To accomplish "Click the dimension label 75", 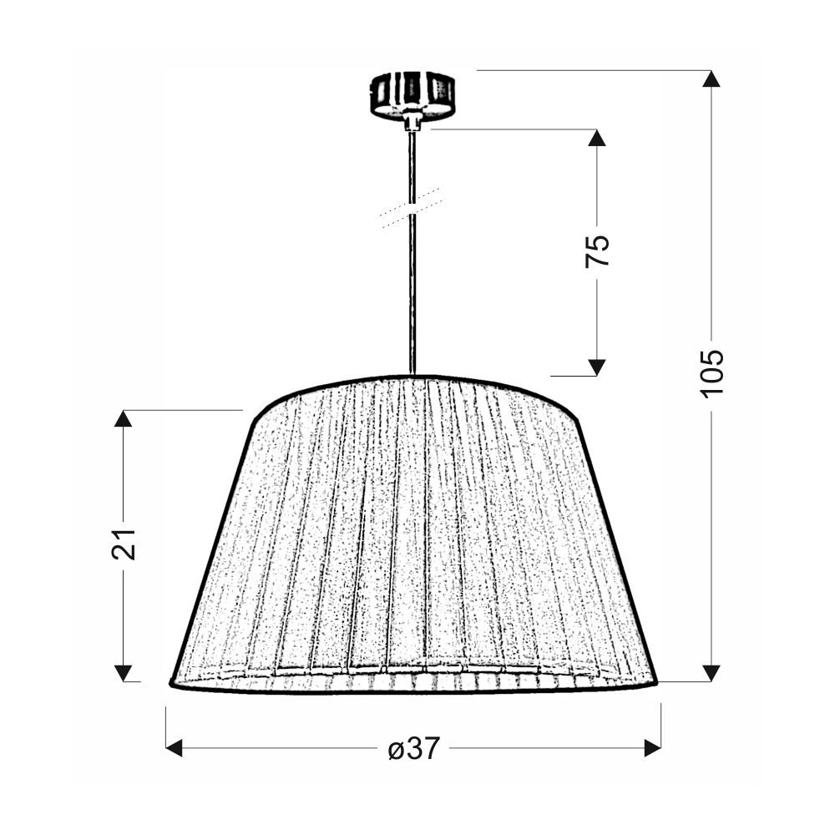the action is point(597,250).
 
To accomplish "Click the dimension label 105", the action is point(712,373).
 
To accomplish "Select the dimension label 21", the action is point(124,544).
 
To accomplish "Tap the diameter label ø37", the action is point(414,748).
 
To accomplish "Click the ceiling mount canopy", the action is point(412,95).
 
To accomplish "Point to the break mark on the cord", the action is point(412,208).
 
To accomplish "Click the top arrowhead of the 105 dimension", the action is point(711,78).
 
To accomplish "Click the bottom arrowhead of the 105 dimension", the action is point(711,673).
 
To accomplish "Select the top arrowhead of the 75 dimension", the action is point(597,138).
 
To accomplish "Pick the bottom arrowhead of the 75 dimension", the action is point(597,367).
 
